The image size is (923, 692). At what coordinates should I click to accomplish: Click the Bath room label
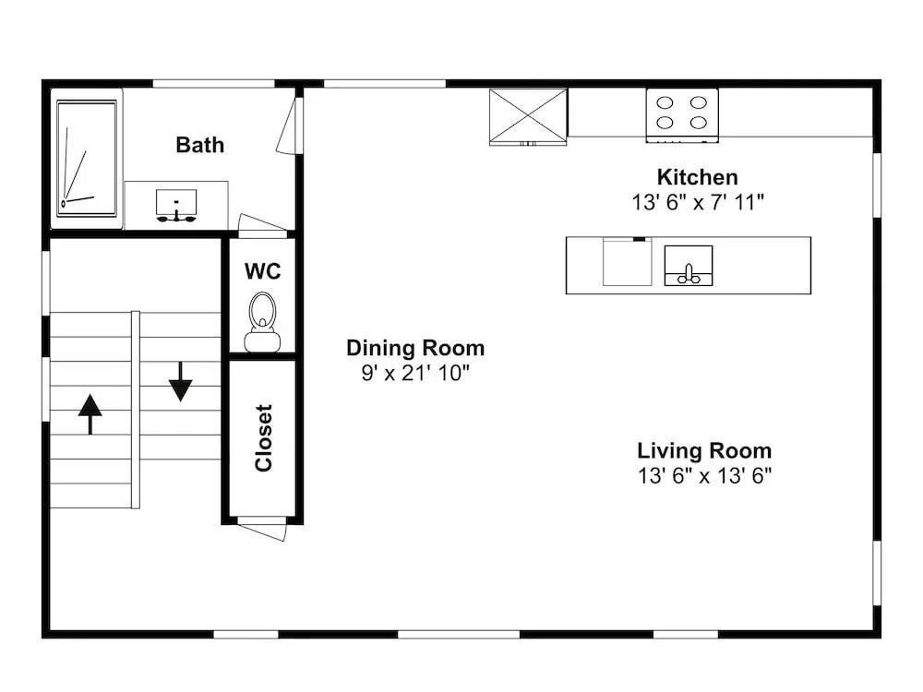200,145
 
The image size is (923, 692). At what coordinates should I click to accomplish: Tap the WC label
262,271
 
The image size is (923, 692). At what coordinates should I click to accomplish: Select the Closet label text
264,437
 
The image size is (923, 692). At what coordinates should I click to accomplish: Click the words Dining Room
415,348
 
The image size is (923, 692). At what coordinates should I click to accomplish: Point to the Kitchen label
698,177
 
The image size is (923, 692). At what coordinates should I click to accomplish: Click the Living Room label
704,451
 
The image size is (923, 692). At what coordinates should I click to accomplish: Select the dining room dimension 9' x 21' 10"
415,373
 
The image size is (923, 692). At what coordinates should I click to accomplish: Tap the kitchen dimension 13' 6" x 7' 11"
698,202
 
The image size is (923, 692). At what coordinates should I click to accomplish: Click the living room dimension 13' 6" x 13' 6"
704,475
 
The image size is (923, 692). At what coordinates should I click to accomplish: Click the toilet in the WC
262,322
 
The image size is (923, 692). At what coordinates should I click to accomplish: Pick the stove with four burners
682,114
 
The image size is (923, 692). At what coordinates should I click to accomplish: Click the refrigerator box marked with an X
528,116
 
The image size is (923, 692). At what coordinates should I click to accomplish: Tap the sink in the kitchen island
689,266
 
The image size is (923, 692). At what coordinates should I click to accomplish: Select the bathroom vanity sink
176,206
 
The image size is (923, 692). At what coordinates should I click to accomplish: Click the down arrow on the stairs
181,382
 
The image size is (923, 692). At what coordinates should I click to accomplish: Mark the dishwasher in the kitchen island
628,262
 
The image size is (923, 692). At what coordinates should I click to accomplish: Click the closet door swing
262,529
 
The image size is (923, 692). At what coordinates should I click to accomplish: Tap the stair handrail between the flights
136,410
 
